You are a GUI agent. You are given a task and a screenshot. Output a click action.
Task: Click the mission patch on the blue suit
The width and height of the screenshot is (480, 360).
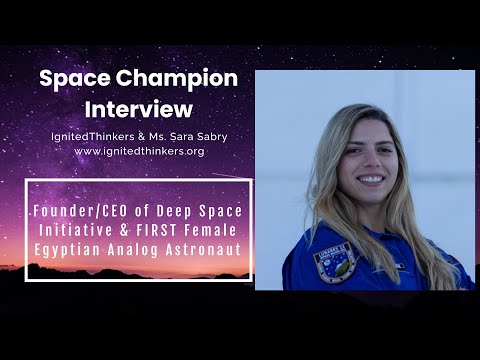(x=333, y=262)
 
